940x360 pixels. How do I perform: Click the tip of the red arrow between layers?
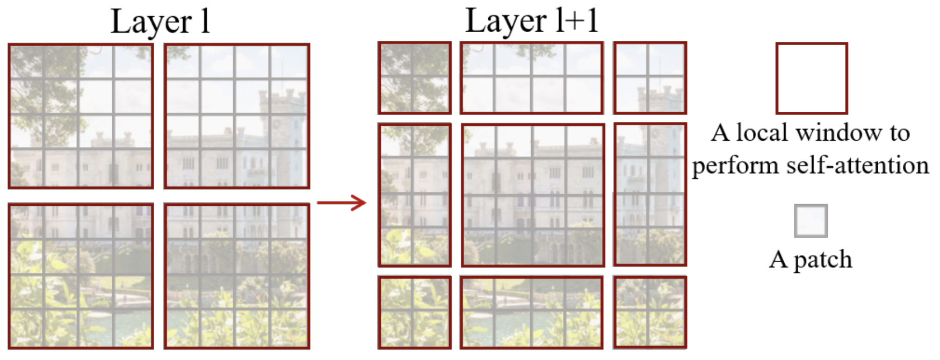(x=366, y=203)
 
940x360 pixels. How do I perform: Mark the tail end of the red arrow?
(x=317, y=203)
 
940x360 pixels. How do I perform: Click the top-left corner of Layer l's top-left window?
(x=9, y=44)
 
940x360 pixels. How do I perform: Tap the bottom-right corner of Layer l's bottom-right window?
(x=309, y=349)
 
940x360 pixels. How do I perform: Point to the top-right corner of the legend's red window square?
(x=848, y=43)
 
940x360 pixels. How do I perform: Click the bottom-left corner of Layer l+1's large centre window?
(x=462, y=267)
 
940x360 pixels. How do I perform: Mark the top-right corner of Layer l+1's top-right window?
(x=686, y=42)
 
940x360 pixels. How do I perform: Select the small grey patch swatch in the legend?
(x=811, y=221)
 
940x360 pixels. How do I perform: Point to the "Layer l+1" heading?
(x=532, y=21)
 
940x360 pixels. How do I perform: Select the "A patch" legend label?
(x=811, y=260)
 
